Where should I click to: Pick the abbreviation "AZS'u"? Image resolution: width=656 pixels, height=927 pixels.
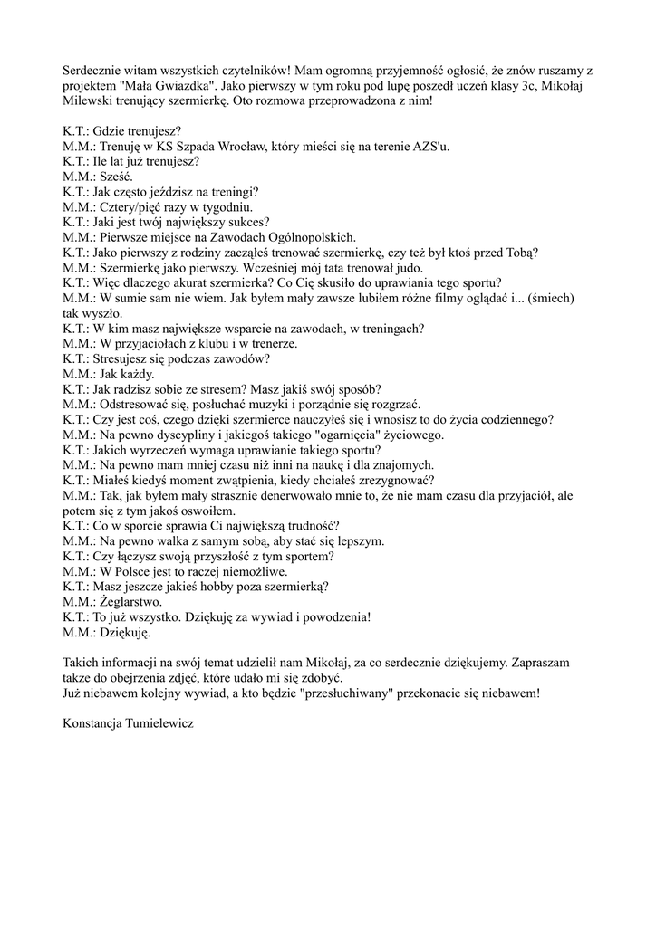click(432, 147)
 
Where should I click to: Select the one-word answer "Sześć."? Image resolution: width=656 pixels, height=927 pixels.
click(113, 177)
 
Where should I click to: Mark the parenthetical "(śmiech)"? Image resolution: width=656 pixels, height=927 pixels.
click(550, 298)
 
